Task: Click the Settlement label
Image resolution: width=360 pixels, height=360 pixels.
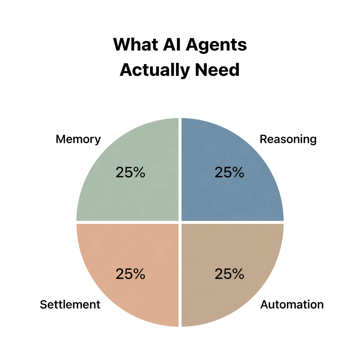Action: pos(70,305)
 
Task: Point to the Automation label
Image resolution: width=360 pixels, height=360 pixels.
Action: pos(292,305)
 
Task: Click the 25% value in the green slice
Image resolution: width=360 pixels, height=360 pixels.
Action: pos(130,172)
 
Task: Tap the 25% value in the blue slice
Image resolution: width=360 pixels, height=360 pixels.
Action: pos(229,172)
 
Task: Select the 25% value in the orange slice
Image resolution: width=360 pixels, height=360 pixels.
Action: pos(130,274)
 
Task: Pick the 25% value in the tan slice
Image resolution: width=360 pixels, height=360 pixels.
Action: pos(229,274)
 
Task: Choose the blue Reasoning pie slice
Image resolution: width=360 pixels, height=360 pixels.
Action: pos(239,197)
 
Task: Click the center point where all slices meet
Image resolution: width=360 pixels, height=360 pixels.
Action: pos(180,222)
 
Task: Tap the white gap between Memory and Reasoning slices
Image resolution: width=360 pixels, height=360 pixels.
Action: pos(180,169)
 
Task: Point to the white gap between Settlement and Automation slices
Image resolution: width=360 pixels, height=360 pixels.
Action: pos(180,276)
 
